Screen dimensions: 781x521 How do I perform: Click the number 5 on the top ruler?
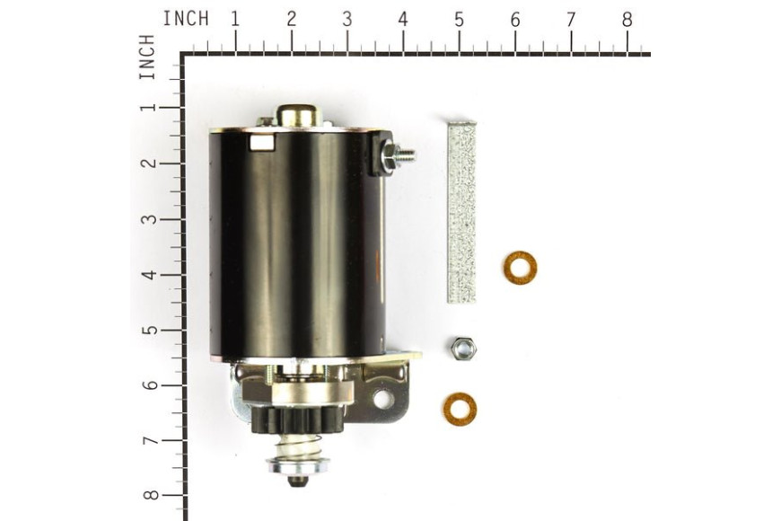click(x=459, y=20)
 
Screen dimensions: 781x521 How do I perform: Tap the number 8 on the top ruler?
click(x=627, y=20)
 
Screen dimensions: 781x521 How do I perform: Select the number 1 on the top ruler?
click(x=235, y=20)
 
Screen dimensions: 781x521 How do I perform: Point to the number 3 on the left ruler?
click(x=149, y=218)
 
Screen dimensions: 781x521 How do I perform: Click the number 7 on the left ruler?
click(x=149, y=440)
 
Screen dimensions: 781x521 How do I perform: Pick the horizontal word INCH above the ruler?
click(x=186, y=19)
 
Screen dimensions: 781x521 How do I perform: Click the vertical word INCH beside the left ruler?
click(x=147, y=57)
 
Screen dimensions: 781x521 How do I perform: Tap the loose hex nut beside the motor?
click(x=463, y=348)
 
